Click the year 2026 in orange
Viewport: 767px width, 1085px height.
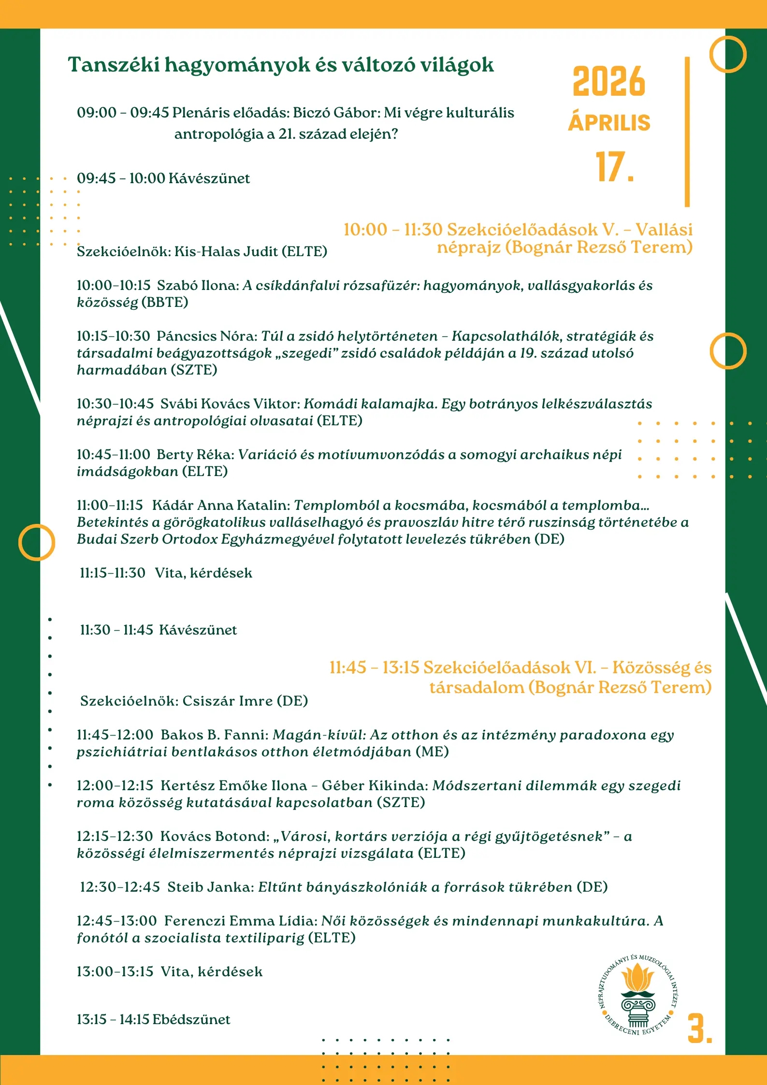[x=609, y=82]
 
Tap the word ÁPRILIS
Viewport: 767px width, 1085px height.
[x=609, y=123]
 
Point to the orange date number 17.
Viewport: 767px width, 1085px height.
[x=614, y=167]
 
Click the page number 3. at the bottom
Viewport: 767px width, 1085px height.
[x=699, y=1029]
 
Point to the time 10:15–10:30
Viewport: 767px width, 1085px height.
[x=113, y=336]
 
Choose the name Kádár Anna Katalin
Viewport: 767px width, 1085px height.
[x=220, y=505]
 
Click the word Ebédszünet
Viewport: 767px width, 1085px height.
[x=191, y=1019]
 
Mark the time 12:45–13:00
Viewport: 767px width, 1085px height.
[x=116, y=921]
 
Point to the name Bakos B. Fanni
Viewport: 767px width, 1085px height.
[x=214, y=735]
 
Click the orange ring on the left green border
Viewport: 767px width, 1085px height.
[x=37, y=542]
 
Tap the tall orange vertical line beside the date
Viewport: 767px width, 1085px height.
[x=687, y=131]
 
